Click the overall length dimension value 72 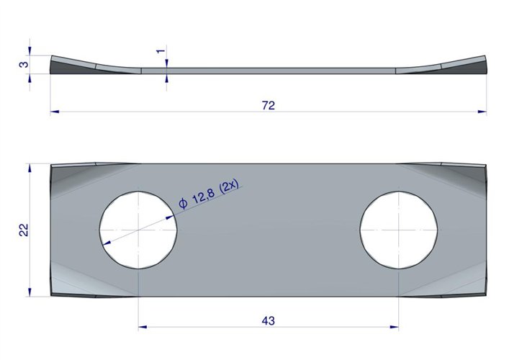click(268, 105)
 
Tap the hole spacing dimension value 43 click(269, 320)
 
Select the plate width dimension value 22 click(23, 230)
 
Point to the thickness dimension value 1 click(159, 51)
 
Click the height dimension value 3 click(23, 65)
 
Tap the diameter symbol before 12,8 click(183, 204)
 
